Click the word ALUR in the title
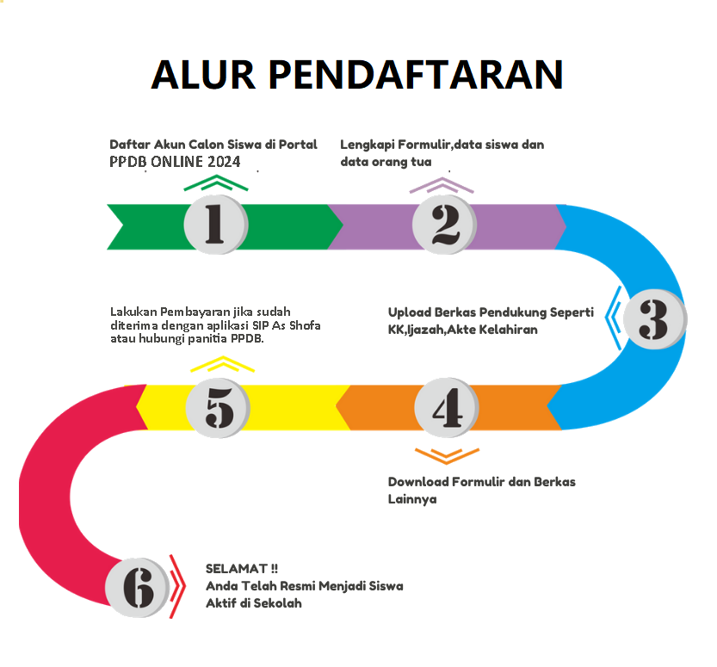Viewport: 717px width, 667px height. tap(203, 75)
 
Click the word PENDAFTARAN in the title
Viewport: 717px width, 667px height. tap(416, 75)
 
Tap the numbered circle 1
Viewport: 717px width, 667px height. tap(216, 225)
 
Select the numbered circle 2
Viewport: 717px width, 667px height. tap(444, 225)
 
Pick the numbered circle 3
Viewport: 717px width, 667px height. tap(655, 318)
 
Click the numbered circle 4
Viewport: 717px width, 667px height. tap(446, 408)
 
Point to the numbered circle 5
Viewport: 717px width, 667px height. tap(218, 408)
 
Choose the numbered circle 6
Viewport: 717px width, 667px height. tap(137, 588)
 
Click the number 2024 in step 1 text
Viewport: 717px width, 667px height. tap(224, 162)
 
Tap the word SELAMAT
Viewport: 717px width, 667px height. tap(237, 569)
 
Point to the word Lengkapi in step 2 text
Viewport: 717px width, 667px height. tap(368, 145)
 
